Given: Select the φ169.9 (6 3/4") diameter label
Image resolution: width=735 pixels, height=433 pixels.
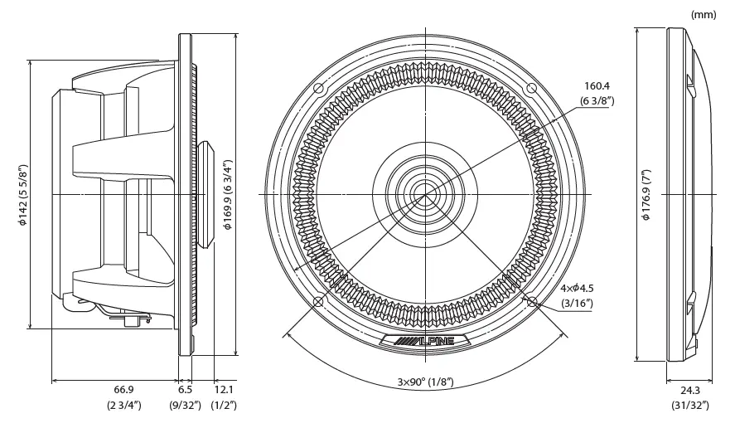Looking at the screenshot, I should click(x=228, y=194).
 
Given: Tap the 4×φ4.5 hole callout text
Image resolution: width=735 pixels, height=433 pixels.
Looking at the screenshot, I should click(x=578, y=288).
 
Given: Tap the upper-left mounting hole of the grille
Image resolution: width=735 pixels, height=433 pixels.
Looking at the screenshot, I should click(x=321, y=89).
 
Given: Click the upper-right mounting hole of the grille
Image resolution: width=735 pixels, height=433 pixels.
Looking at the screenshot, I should click(x=532, y=89).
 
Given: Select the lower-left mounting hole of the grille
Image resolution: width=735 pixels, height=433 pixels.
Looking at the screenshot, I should click(x=321, y=300).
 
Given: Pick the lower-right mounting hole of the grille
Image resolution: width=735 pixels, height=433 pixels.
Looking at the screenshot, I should click(x=532, y=300).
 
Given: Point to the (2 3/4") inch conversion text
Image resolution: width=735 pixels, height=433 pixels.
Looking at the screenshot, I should click(x=124, y=406).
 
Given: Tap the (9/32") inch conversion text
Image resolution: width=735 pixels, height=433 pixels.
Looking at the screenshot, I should click(x=186, y=406).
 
